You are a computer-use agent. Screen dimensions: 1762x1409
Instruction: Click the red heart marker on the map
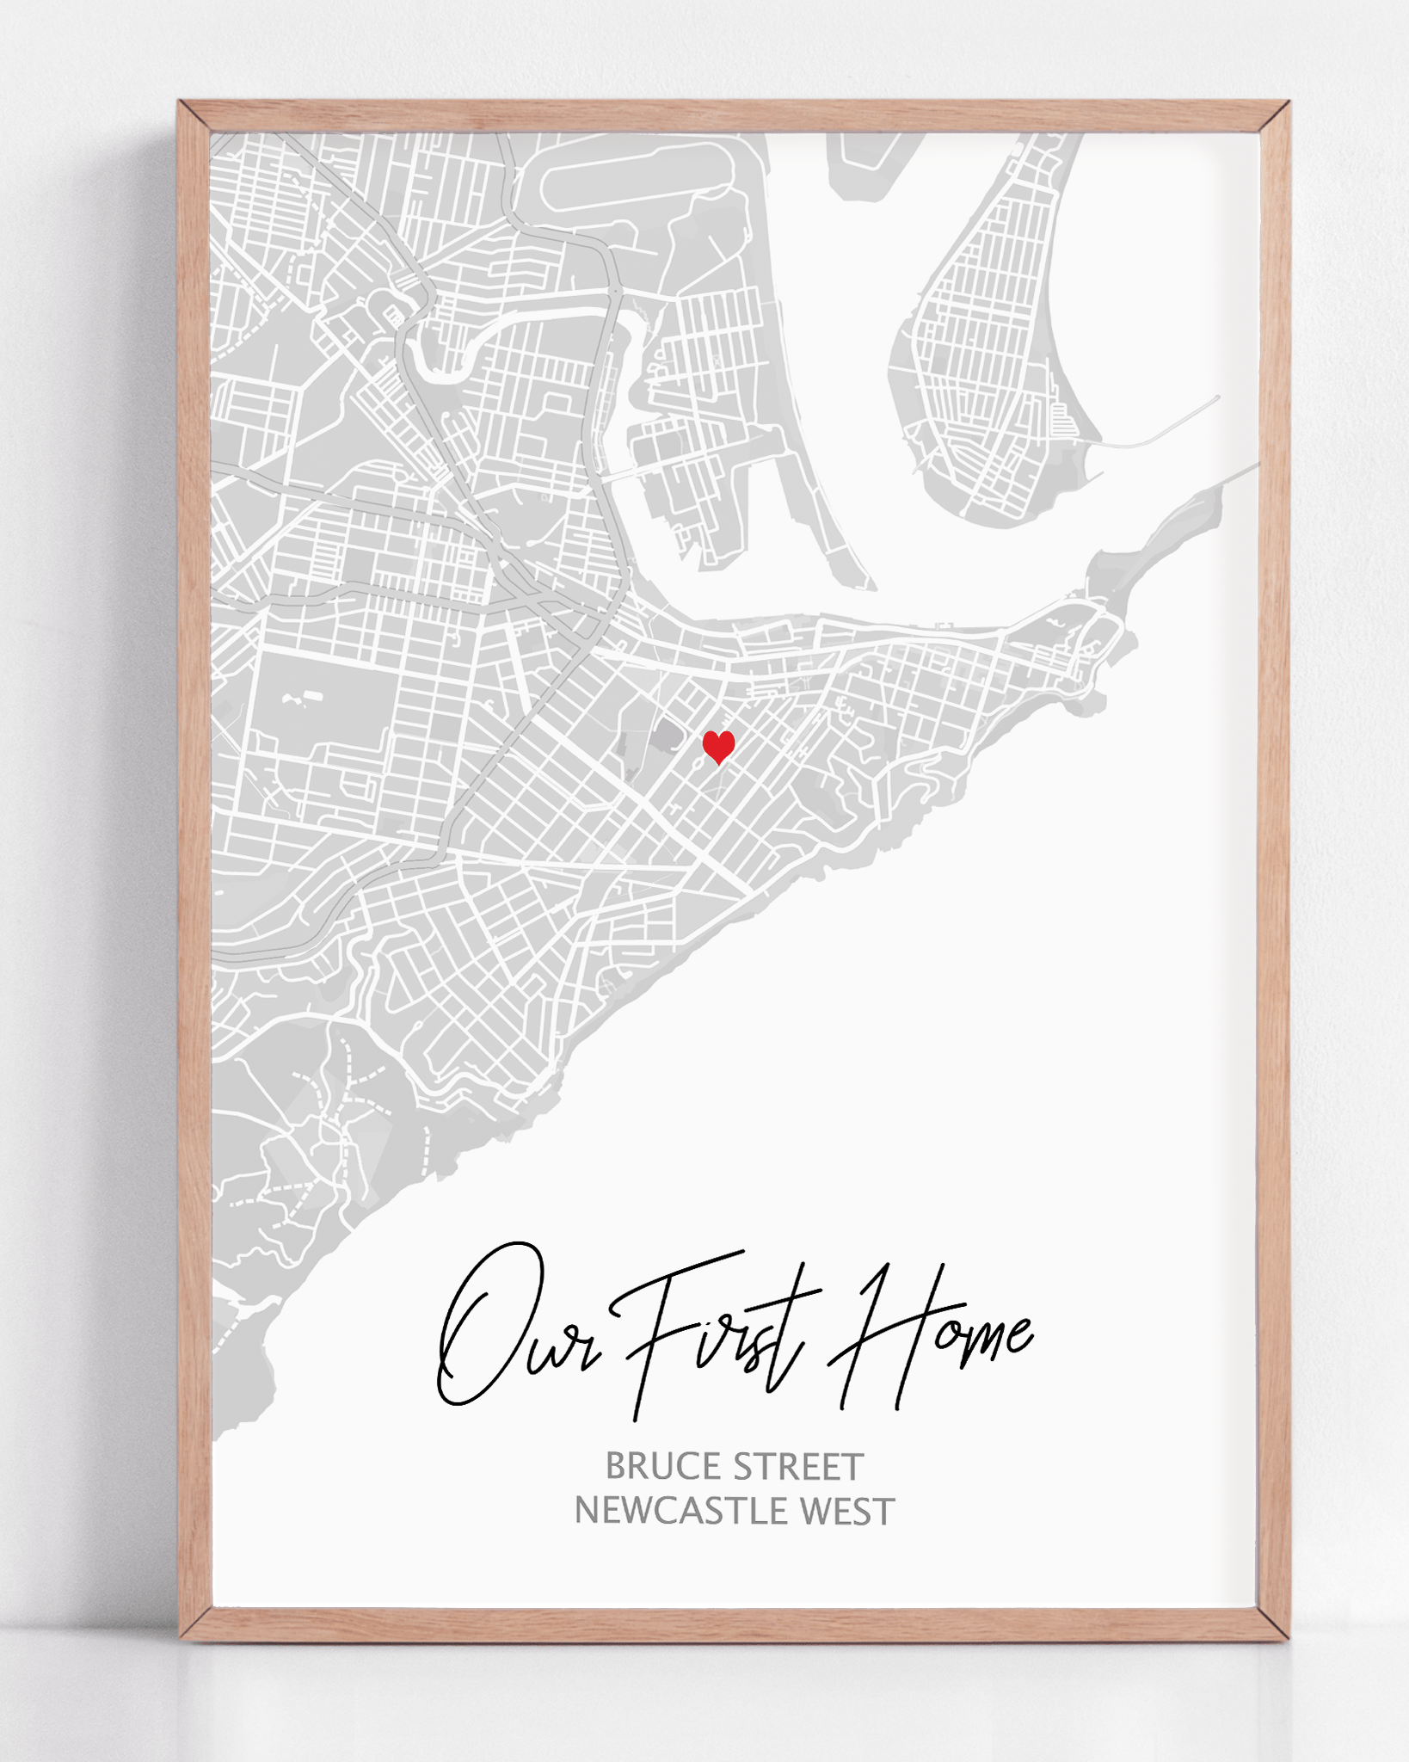[x=718, y=746]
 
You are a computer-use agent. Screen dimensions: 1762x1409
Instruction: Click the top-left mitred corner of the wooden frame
[x=194, y=116]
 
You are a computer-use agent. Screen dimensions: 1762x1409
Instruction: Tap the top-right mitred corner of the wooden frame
[x=1274, y=116]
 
